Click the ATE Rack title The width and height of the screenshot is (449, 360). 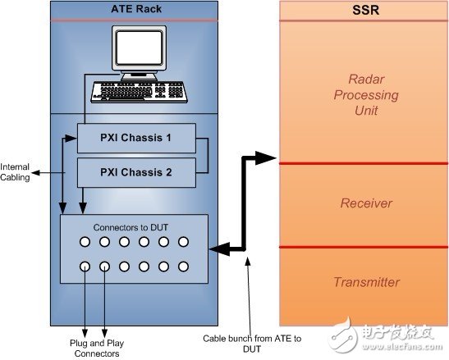coord(136,9)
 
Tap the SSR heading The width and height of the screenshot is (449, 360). coord(365,10)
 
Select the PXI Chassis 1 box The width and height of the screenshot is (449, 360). coord(136,138)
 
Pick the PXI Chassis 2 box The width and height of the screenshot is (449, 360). coord(136,172)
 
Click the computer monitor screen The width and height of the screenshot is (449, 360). coord(140,48)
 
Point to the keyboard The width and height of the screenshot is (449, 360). coord(140,92)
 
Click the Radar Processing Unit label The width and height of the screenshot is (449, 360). coord(366,95)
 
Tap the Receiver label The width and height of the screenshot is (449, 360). coord(366,203)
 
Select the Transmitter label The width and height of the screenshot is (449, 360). coord(366,282)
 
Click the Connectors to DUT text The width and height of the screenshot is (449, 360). coord(131,227)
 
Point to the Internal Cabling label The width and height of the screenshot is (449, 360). coord(15,172)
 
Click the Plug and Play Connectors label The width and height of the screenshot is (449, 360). coord(97,348)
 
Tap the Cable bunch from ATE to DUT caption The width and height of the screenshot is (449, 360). coord(252,344)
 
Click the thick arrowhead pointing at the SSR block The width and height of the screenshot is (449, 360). coord(265,157)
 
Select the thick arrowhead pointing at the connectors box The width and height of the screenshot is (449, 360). coord(220,248)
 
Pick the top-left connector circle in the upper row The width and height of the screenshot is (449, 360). coord(85,242)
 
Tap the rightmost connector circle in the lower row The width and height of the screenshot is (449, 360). coord(183,267)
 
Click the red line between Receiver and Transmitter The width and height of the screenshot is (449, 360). coord(364,247)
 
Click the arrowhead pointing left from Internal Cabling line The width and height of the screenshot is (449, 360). coord(35,172)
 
